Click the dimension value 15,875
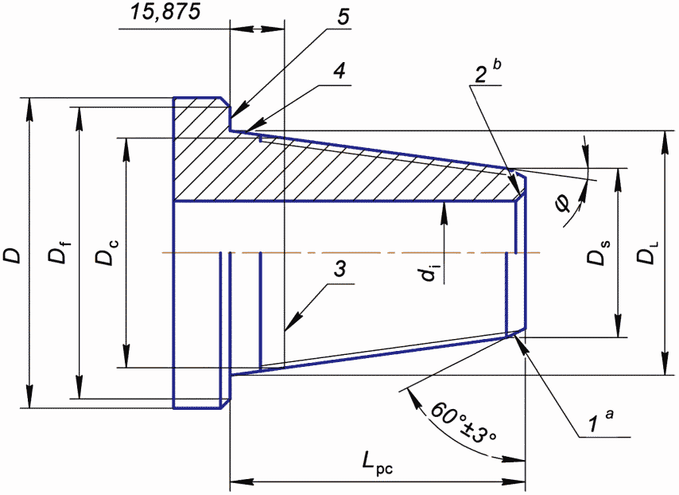coord(166,12)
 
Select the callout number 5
coord(343,17)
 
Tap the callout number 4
coord(340,71)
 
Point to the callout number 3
coord(340,269)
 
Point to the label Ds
coord(598,252)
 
